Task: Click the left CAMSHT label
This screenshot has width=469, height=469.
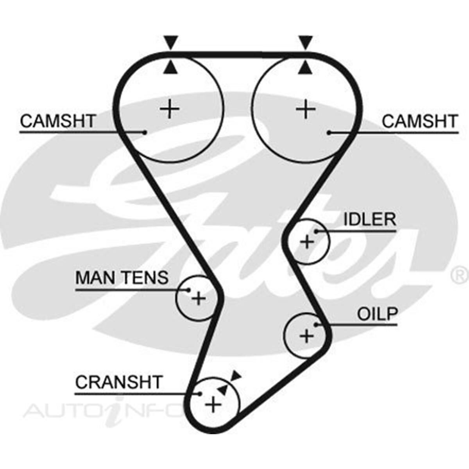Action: pyautogui.click(x=58, y=121)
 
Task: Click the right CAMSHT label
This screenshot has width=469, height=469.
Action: pyautogui.click(x=419, y=121)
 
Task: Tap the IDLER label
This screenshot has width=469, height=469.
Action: pyautogui.click(x=369, y=220)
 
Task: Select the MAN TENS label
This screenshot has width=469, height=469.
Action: pyautogui.click(x=122, y=278)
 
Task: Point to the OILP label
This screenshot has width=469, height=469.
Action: pyautogui.click(x=378, y=314)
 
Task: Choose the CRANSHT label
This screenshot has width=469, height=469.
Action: pyautogui.click(x=118, y=382)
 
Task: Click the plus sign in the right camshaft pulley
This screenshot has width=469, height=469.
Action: pyautogui.click(x=306, y=109)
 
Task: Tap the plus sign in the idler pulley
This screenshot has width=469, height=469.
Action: pyautogui.click(x=307, y=242)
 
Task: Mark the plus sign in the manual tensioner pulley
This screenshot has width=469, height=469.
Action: pyautogui.click(x=199, y=299)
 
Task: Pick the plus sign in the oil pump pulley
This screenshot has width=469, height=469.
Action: pyautogui.click(x=306, y=336)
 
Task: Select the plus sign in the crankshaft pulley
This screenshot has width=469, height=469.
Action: pyautogui.click(x=213, y=405)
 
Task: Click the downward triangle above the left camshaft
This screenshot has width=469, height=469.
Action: pyautogui.click(x=171, y=41)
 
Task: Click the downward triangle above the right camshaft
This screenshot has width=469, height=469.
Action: pyautogui.click(x=306, y=41)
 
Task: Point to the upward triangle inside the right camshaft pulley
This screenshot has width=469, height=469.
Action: pyautogui.click(x=306, y=68)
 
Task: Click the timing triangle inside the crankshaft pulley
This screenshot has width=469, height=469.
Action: pyautogui.click(x=223, y=389)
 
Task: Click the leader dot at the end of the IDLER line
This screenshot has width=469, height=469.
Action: pyautogui.click(x=316, y=231)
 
